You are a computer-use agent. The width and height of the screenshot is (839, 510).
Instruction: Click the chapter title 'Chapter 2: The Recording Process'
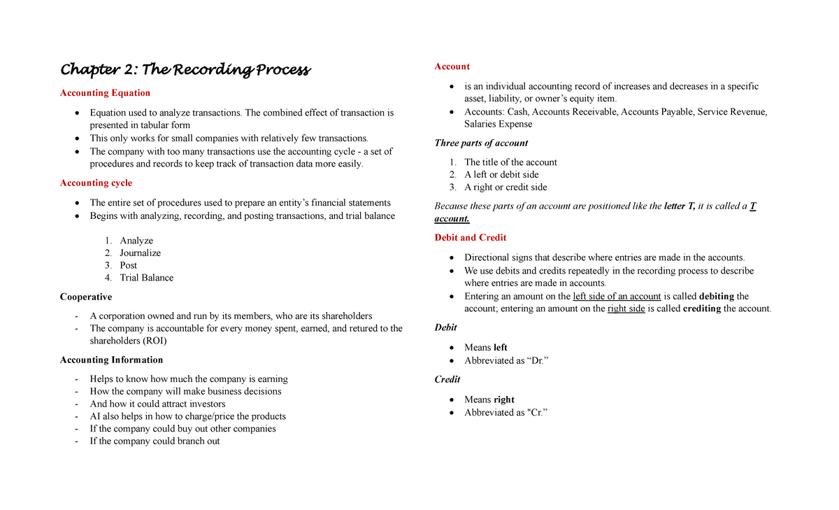(x=185, y=70)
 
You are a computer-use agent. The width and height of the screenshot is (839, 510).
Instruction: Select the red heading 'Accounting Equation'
(x=105, y=93)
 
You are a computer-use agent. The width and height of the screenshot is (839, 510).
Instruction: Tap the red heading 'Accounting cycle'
(x=96, y=183)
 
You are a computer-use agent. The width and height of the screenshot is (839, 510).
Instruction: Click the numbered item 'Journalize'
(x=140, y=253)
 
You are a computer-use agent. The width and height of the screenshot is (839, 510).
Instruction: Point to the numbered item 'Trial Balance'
(x=146, y=278)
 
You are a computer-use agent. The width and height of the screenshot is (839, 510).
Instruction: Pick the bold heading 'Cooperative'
(x=86, y=297)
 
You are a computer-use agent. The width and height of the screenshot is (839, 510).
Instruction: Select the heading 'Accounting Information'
(x=111, y=360)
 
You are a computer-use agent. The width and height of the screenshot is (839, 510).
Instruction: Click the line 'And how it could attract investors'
(x=157, y=404)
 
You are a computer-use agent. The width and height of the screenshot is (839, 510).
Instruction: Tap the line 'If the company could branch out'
(x=155, y=441)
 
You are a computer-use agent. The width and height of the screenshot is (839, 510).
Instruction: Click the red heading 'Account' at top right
(x=452, y=66)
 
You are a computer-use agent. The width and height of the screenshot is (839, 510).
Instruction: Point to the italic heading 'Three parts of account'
(x=481, y=143)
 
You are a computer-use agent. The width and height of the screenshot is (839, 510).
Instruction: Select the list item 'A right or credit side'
(x=505, y=187)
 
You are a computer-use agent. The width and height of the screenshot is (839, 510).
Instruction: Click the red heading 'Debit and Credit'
(x=471, y=238)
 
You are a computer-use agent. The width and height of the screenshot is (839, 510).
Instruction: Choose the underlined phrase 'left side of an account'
(x=617, y=297)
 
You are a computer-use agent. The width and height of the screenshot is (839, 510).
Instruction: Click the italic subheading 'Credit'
(x=447, y=380)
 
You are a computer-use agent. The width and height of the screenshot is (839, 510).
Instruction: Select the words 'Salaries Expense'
(x=498, y=125)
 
